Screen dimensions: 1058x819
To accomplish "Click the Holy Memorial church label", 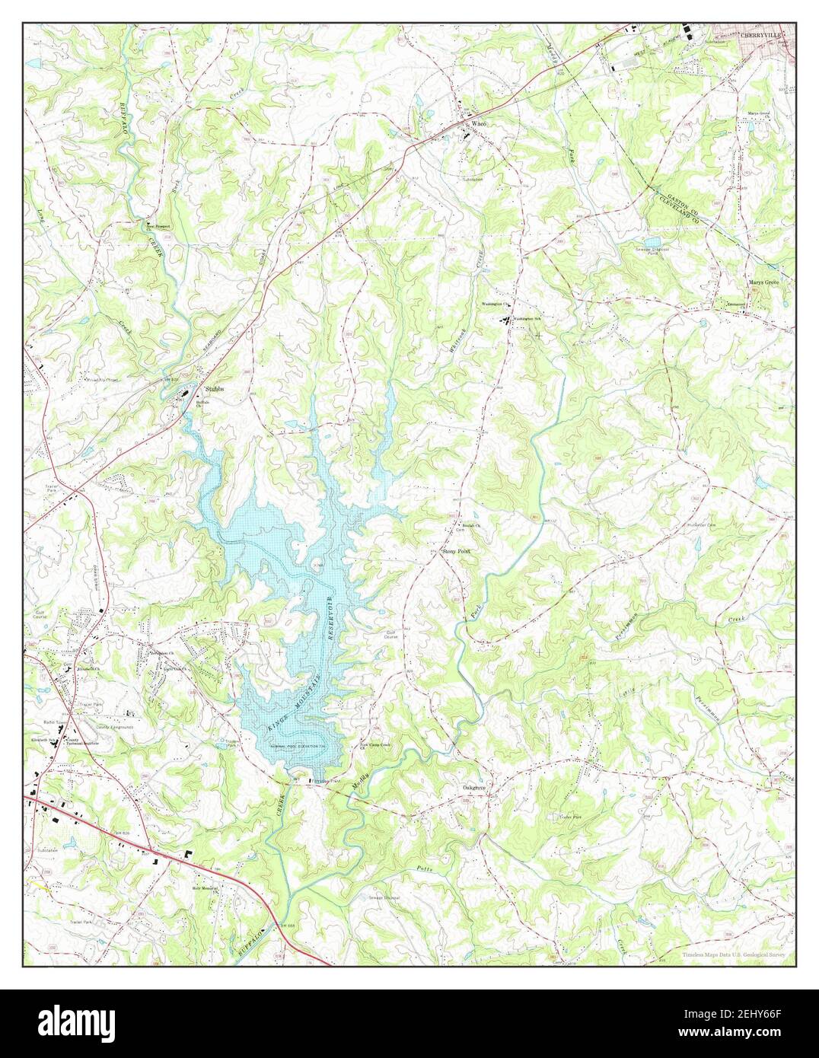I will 205,888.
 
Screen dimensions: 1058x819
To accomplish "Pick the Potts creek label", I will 423,869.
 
